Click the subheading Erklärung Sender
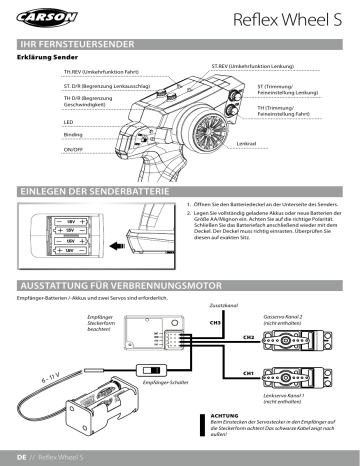pyautogui.click(x=49, y=58)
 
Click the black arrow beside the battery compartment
pyautogui.click(x=117, y=244)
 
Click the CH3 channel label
pyautogui.click(x=214, y=324)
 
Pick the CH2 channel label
pyautogui.click(x=249, y=338)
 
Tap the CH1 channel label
pyautogui.click(x=248, y=372)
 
